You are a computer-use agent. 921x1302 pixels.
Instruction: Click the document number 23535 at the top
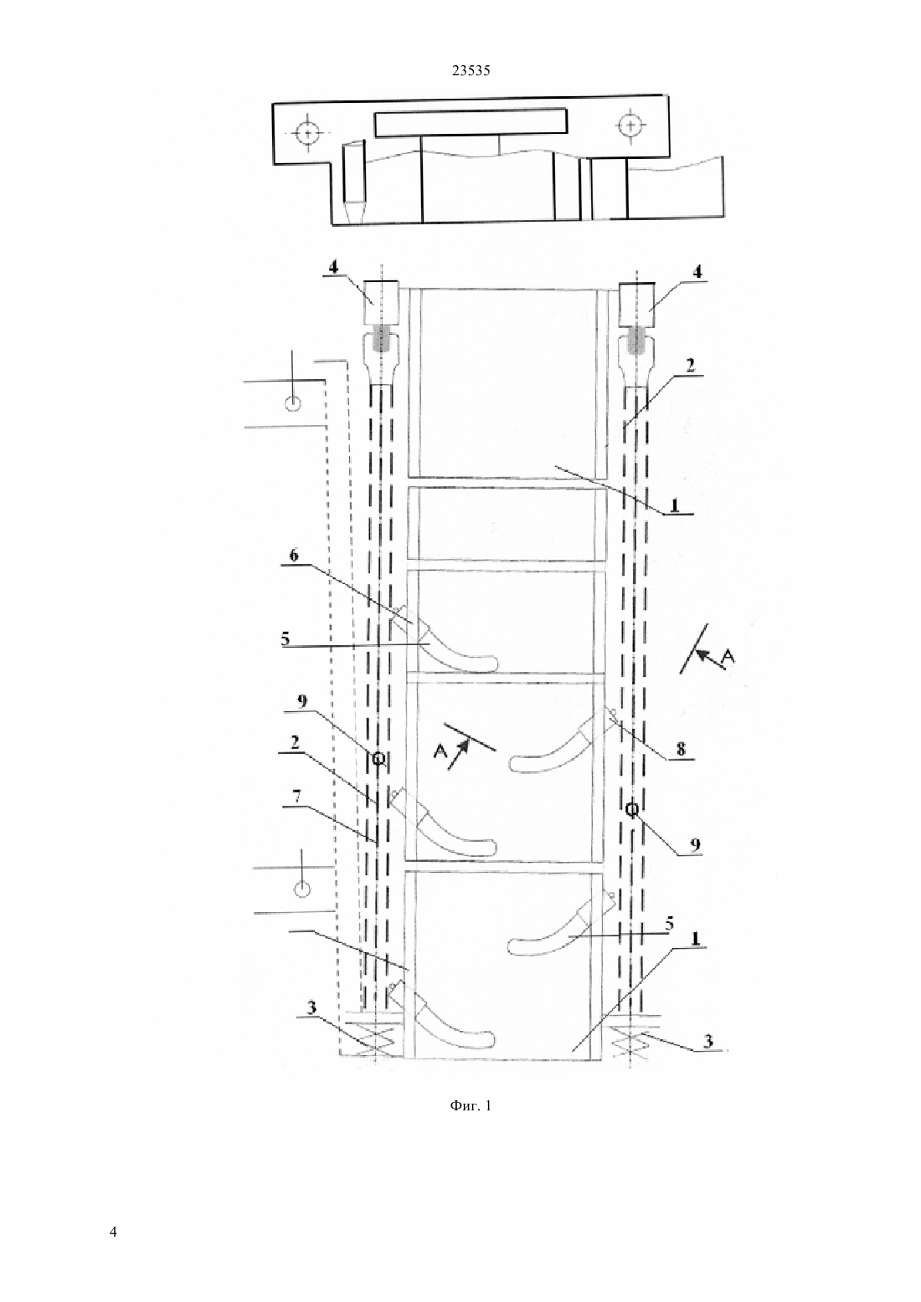click(471, 71)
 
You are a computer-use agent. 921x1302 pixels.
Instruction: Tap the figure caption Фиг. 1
click(471, 1105)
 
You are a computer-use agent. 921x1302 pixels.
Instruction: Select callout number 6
click(294, 556)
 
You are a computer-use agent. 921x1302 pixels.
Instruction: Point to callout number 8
click(681, 749)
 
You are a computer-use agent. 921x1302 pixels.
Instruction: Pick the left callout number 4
click(333, 268)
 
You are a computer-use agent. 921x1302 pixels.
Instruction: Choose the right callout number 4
click(697, 271)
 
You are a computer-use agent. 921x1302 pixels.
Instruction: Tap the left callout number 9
click(301, 703)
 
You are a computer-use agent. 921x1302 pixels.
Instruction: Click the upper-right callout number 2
click(690, 367)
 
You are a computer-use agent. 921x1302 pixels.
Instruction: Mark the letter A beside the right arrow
click(728, 657)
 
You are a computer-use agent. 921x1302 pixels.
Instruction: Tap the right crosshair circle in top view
click(630, 125)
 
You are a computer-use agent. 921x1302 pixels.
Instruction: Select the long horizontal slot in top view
click(471, 123)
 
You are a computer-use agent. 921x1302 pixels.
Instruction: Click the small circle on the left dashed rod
click(378, 758)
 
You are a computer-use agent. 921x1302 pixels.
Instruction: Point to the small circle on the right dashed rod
click(633, 809)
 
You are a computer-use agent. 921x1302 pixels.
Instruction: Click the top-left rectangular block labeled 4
click(382, 302)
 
